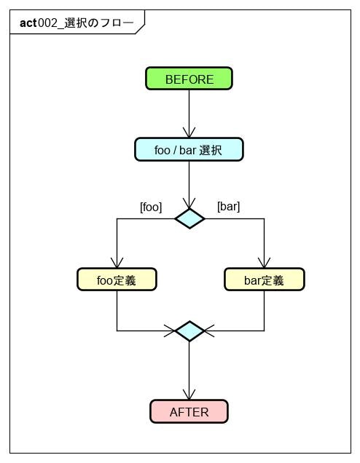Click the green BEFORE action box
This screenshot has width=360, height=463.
coord(189,79)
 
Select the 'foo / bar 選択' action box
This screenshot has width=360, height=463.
coord(189,149)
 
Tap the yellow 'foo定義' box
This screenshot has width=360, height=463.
coord(117,280)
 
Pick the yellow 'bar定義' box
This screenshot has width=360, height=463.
coord(264,280)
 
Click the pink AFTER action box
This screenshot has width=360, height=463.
coord(189,411)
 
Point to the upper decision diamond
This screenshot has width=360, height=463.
coord(189,218)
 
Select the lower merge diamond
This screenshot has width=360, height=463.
coord(189,331)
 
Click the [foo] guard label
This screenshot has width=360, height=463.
coord(151,207)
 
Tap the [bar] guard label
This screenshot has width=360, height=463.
coord(228,207)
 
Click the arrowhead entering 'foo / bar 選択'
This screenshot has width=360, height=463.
coord(189,132)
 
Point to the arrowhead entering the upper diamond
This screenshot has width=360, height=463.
coord(189,203)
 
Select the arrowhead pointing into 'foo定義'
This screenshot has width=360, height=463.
coord(117,263)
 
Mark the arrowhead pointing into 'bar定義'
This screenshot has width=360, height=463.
coord(264,263)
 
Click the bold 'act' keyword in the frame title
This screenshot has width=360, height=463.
coord(28,23)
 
